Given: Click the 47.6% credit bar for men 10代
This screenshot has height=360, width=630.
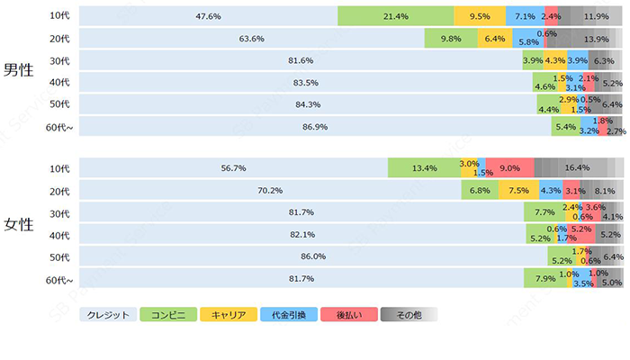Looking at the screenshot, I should coord(209,16).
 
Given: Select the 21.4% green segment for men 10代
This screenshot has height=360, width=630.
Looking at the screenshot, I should coord(395,16).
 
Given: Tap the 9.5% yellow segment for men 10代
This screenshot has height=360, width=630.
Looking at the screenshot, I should coord(480,16).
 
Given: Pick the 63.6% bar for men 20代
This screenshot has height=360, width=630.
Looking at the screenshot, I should coord(252,39).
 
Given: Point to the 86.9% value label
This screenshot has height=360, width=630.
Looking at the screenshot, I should coord(315,127).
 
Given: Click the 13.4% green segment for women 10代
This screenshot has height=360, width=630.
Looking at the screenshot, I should coord(424,168).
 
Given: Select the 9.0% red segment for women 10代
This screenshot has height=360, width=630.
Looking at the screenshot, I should coord(509,168).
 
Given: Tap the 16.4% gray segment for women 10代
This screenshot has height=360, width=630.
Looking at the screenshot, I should coord(577,168).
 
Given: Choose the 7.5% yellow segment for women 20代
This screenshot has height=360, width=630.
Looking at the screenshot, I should coord(518,191).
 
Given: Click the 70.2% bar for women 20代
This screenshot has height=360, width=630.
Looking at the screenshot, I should coord(270,191).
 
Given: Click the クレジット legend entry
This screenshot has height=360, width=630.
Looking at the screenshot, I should coord(108,315).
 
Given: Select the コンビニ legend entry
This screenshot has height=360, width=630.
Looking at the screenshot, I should coord(168,315).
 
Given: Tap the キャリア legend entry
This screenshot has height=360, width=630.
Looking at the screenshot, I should coord(229,315).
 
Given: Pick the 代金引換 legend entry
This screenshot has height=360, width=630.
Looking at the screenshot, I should coord(288,315).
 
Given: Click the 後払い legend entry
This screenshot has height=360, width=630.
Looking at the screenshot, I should coord(348,315).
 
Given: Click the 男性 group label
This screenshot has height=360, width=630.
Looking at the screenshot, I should coord(19,71).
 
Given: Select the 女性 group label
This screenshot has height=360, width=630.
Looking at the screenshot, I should coord(19,224).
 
